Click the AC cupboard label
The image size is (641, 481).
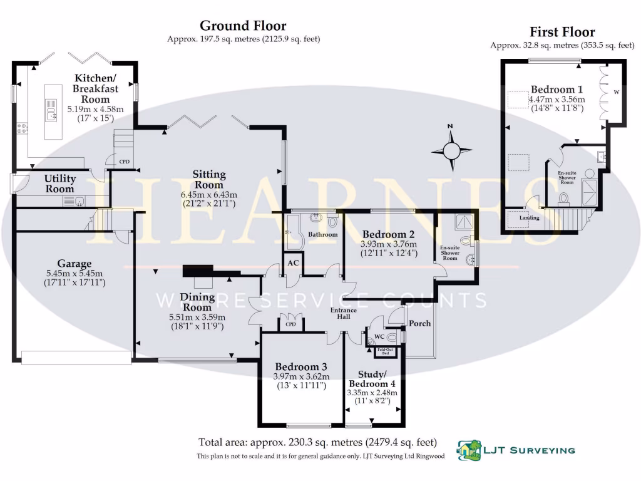coord(292,263)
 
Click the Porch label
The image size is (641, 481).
coord(419,324)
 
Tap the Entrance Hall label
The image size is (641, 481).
coord(344,314)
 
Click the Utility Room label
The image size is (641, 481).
coord(59,184)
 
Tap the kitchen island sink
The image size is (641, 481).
coord(51,113)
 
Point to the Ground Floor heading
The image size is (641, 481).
coord(243,26)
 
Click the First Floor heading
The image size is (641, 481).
coord(562,32)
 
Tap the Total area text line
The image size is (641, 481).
coord(317,442)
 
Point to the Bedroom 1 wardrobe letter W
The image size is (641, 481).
coord(616,93)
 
